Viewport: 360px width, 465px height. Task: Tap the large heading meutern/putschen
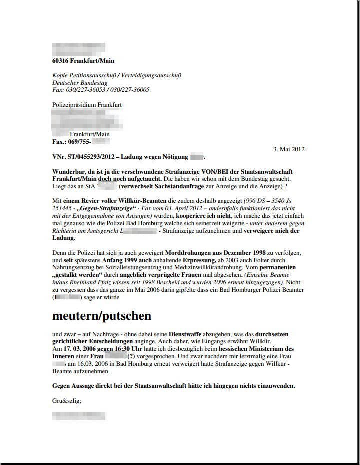tap(102, 316)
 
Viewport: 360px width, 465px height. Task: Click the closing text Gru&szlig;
tap(67, 400)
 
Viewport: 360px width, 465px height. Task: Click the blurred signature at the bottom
tap(78, 415)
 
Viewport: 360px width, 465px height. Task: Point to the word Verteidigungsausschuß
tap(152, 75)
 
